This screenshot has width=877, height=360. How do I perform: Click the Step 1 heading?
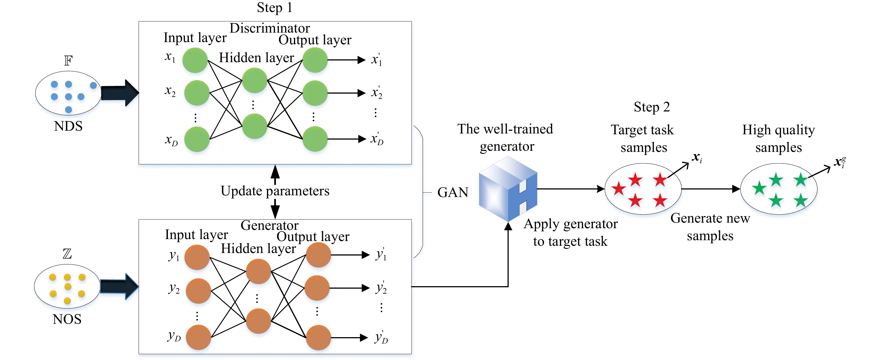coord(275,8)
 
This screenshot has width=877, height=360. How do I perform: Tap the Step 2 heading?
coord(651,107)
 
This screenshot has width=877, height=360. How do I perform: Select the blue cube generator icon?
coord(508,189)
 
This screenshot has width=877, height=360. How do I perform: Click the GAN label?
coord(453,193)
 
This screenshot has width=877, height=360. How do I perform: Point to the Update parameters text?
coord(275,191)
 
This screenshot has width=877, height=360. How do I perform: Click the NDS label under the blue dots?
coord(68,126)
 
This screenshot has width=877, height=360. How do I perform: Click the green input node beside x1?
coord(195,60)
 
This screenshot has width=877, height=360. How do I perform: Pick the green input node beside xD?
coord(197,139)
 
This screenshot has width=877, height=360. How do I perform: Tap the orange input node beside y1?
coord(197,257)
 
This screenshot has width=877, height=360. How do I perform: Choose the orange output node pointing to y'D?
coord(318,337)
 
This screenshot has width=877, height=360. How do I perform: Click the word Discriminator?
coord(270,28)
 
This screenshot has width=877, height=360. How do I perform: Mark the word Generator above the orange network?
coord(269,225)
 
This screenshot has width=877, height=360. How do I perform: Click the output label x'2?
coord(376,93)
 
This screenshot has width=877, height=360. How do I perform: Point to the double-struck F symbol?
coord(68,61)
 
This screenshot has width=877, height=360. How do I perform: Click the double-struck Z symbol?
coord(67,254)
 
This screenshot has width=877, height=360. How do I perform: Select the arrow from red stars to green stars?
coord(711,189)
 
